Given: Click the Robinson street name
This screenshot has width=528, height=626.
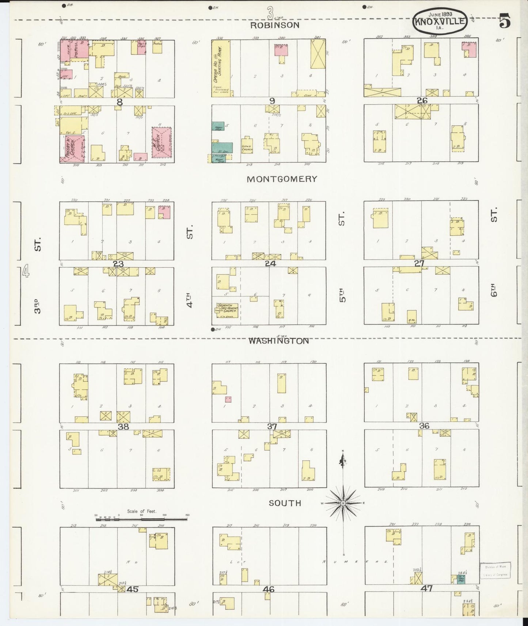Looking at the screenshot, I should (275, 25).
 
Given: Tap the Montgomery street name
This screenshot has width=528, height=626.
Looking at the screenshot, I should (282, 179).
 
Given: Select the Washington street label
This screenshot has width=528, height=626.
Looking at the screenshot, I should (278, 341).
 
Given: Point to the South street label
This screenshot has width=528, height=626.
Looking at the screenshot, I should (285, 503).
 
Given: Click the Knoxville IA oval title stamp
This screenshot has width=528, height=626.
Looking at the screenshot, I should (440, 21).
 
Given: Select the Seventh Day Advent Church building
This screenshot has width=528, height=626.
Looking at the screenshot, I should (227, 309).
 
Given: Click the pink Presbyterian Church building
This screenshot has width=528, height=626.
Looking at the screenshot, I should (75, 148).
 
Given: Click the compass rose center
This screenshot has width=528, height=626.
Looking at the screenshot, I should (343, 503).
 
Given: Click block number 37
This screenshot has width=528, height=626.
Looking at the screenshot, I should (272, 426).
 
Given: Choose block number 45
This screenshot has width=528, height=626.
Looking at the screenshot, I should (132, 589).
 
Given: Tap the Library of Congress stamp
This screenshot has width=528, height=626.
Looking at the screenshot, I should (496, 580).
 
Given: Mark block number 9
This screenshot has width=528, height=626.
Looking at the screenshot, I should (271, 101).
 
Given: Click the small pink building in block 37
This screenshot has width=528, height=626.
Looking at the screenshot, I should (228, 399).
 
